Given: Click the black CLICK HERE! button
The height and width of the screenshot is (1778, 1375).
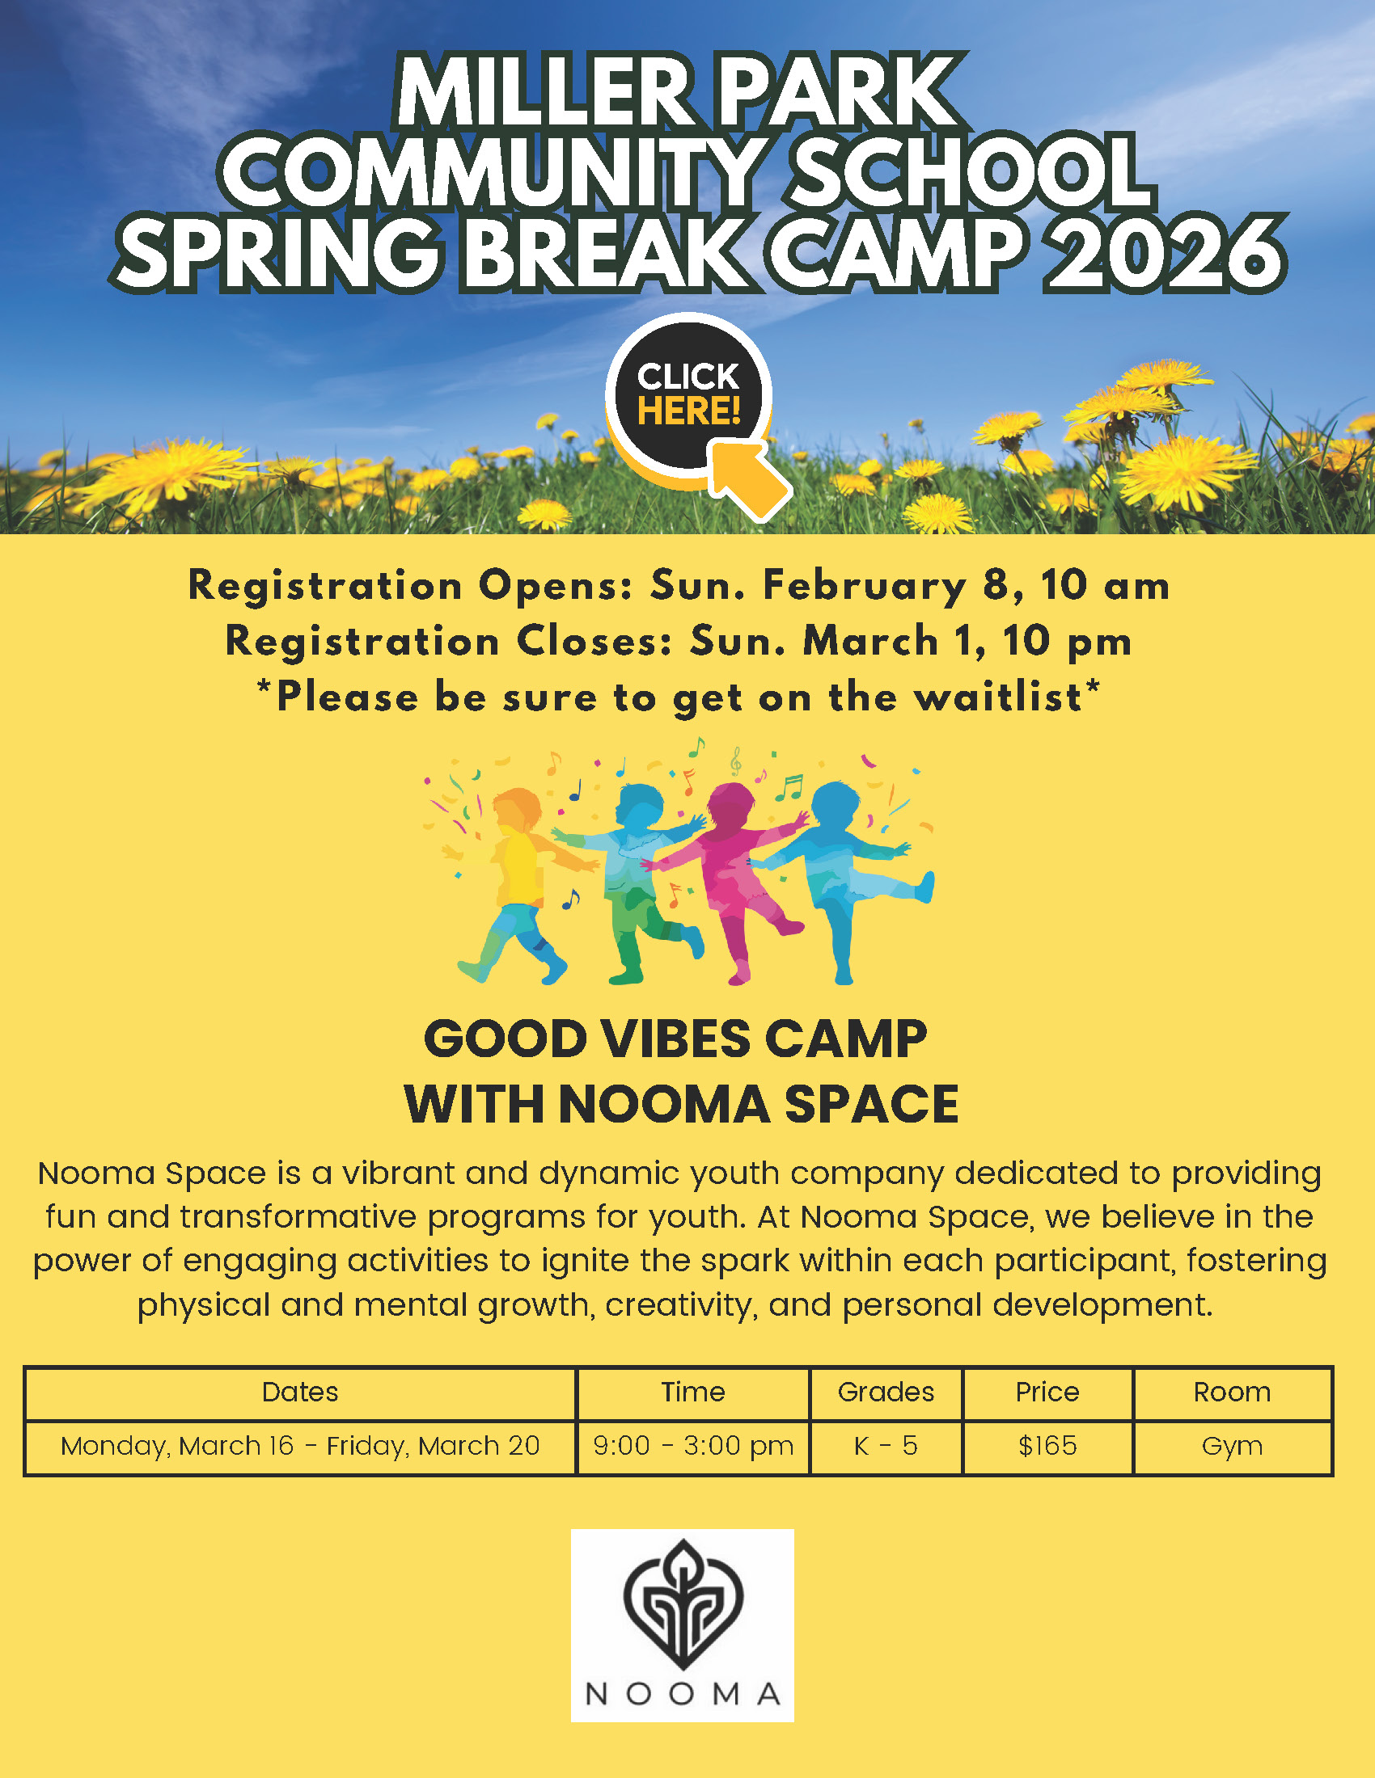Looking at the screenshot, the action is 688,396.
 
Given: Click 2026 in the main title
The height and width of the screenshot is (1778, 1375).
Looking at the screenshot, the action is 1166,253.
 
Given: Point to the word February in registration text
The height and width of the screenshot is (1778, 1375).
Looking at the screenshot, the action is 865,586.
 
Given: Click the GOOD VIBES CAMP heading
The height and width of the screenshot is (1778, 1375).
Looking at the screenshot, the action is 675,1039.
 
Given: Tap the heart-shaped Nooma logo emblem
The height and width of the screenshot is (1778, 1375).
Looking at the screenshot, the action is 683,1605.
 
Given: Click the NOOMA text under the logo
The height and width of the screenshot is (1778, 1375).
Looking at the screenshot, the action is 683,1694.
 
